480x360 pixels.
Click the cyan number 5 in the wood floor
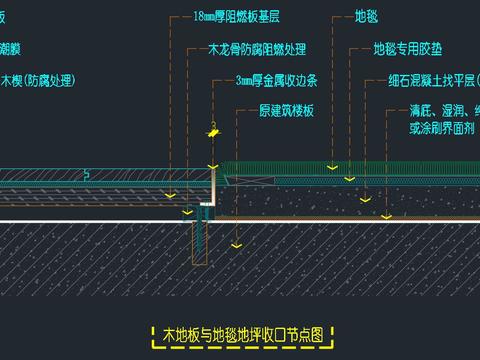(x=87, y=175)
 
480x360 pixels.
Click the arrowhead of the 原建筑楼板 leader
(x=235, y=242)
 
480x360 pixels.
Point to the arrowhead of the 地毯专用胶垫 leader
(x=348, y=179)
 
